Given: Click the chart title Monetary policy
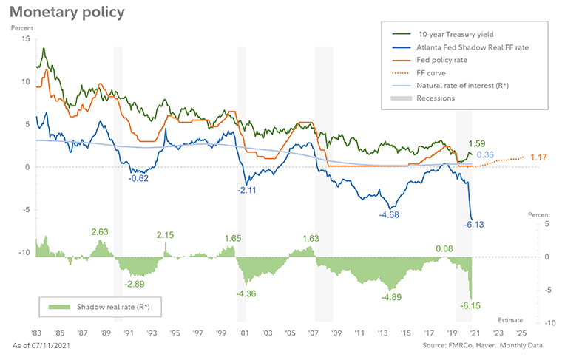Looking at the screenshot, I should click(67, 13).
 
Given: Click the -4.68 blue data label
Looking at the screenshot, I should click(390, 214).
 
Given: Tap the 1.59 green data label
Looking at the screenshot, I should click(478, 143).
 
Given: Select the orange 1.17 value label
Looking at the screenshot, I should click(538, 157).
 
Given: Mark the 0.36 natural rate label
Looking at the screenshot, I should click(485, 154).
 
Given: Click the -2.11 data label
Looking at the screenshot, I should click(246, 190).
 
